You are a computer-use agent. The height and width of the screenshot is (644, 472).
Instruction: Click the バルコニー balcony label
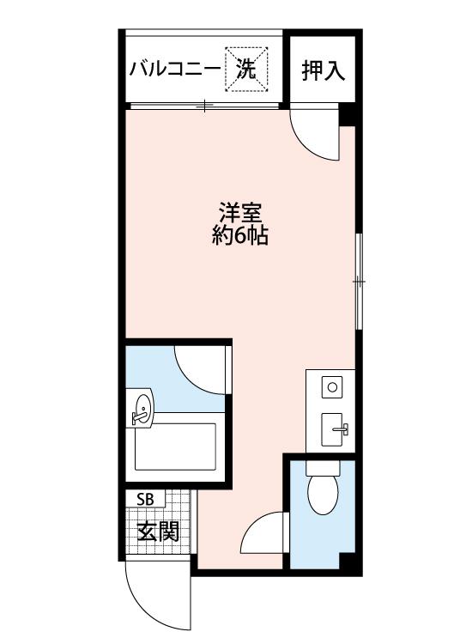pos(175,69)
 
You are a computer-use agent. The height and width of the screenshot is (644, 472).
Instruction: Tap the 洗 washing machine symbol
pos(246,69)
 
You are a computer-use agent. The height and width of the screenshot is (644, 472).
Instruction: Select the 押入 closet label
pos(323,70)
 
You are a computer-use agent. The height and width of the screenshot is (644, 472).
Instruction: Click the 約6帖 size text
pos(240,236)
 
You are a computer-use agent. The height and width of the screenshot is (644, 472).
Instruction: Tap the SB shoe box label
pos(145,499)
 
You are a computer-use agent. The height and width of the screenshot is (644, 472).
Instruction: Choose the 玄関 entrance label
pos(158,532)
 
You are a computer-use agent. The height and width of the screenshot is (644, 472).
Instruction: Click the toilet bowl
pos(323,494)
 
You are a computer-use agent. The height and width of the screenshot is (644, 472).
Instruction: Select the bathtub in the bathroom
pos(175,447)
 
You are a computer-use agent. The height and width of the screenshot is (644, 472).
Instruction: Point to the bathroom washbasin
pos(141,409)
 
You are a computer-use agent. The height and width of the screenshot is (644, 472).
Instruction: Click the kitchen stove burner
pos(332,387)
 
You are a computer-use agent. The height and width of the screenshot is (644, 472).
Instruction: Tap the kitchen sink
pos(332,429)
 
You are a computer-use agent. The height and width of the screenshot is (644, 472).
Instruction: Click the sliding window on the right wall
pos(359,282)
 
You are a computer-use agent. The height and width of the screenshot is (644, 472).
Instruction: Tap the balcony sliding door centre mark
pos(204,106)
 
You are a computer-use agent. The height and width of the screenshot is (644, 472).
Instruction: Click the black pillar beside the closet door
pos(347,115)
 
